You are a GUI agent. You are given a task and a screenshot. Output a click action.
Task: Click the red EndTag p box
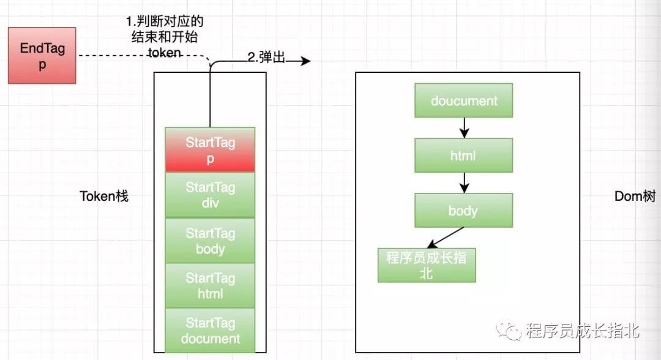(42, 56)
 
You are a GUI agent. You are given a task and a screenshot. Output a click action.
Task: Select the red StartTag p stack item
(210, 149)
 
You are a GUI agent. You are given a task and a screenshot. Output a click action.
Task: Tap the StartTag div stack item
(210, 195)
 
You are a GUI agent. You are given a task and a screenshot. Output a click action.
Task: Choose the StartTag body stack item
(210, 240)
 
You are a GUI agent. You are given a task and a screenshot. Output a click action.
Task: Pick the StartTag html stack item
(210, 285)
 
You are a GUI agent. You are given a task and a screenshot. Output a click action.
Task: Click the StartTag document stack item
(210, 330)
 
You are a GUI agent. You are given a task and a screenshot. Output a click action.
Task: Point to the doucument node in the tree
(464, 100)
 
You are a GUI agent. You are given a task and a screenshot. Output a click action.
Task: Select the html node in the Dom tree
(464, 155)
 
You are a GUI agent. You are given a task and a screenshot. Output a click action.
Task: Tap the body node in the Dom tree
(464, 210)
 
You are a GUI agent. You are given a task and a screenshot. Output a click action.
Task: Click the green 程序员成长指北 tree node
(427, 265)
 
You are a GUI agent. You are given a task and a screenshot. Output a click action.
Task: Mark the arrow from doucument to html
(464, 128)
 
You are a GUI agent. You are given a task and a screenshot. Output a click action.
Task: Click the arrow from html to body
(464, 182)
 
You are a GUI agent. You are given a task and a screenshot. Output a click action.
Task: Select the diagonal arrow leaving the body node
(446, 238)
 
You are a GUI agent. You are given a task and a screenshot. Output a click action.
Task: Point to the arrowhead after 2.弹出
(305, 61)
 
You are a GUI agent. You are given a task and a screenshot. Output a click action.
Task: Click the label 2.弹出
(266, 58)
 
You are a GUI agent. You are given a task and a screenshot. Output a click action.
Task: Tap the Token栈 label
(104, 196)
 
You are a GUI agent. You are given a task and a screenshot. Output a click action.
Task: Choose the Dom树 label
(635, 196)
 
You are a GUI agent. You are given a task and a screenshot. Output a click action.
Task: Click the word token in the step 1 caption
(165, 53)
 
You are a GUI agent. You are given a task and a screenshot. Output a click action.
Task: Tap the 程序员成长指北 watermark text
(582, 331)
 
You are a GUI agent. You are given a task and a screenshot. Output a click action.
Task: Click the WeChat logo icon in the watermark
(509, 331)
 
